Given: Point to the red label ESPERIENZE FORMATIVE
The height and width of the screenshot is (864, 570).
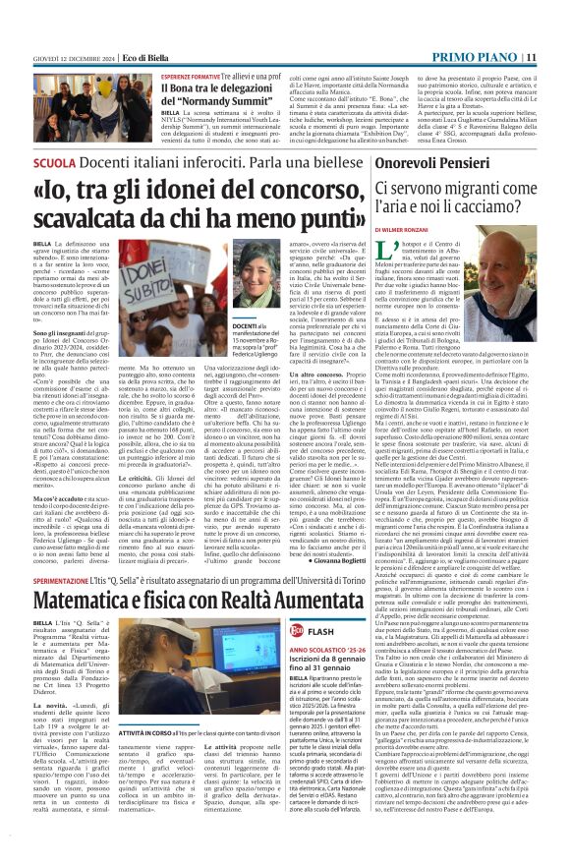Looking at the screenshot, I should pyautogui.click(x=189, y=76).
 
